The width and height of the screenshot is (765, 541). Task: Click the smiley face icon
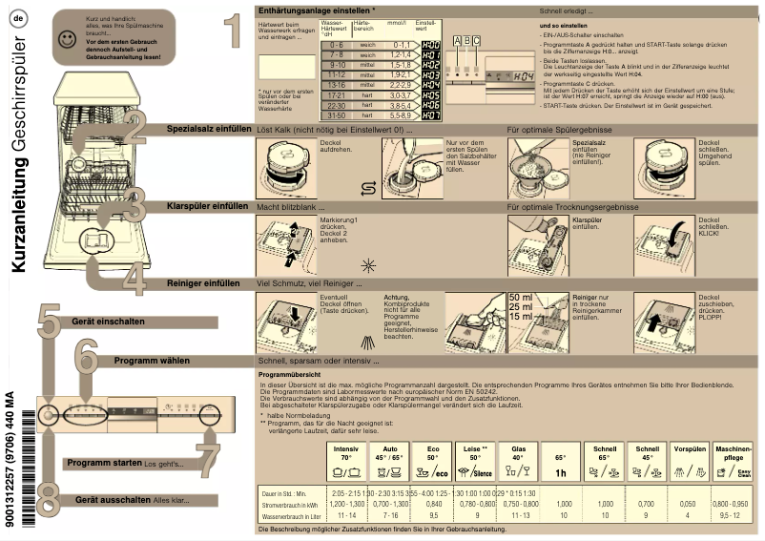(65, 39)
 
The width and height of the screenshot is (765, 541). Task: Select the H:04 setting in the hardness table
(430, 85)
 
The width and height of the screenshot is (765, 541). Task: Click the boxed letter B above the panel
(466, 40)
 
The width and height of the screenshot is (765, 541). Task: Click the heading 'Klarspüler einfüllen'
(207, 206)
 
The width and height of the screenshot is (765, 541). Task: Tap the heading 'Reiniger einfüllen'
(203, 283)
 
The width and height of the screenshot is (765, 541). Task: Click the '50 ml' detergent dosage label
(521, 298)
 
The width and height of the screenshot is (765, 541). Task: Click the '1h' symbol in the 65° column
(562, 472)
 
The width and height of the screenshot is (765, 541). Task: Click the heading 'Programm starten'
(104, 463)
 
